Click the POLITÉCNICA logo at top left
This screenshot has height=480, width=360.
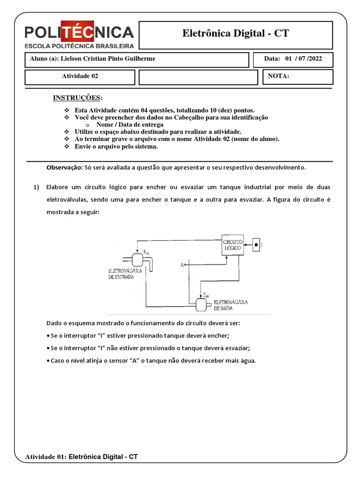tap(79, 35)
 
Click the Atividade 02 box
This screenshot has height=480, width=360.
tap(80, 76)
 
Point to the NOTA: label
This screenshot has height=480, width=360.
tap(279, 76)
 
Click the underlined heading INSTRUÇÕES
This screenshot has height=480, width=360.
tap(77, 97)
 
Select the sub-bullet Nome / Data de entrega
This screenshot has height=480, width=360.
tap(129, 125)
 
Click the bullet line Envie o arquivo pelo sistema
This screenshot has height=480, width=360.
tap(116, 147)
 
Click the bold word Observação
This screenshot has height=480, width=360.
tap(64, 167)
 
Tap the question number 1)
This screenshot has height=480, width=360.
tap(36, 187)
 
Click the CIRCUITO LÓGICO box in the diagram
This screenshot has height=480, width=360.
tap(233, 244)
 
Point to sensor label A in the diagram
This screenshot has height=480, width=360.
tap(182, 265)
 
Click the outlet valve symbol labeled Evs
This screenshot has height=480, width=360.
tap(202, 305)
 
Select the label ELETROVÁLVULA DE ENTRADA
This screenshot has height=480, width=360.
tap(122, 274)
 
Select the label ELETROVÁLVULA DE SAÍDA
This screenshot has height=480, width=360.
tap(230, 305)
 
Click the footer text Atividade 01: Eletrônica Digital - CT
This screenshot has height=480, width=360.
tap(81, 456)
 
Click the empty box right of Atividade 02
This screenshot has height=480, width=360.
tap(198, 77)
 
